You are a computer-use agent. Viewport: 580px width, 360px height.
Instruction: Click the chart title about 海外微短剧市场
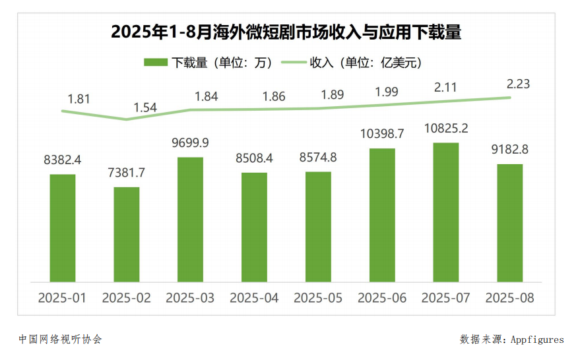tap(286, 31)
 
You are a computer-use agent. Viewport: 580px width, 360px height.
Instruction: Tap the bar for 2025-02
tap(126, 235)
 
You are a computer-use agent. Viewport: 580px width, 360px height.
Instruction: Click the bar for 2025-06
tap(382, 215)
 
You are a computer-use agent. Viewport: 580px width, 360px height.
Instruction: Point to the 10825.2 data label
tap(446, 128)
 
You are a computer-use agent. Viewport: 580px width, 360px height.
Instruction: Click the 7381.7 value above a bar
tap(126, 173)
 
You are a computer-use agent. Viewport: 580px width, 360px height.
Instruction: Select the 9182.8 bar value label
tap(509, 150)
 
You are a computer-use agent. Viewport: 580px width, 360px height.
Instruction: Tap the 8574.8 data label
tap(317, 158)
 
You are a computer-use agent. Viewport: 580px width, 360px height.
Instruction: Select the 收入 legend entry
tap(352, 63)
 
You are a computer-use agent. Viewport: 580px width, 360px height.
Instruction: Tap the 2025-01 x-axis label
tap(62, 298)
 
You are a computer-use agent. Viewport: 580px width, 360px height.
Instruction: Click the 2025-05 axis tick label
tap(318, 298)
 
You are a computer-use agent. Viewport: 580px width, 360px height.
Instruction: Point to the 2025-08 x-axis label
tap(509, 298)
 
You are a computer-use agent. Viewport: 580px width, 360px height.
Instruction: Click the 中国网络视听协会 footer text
tap(60, 340)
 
